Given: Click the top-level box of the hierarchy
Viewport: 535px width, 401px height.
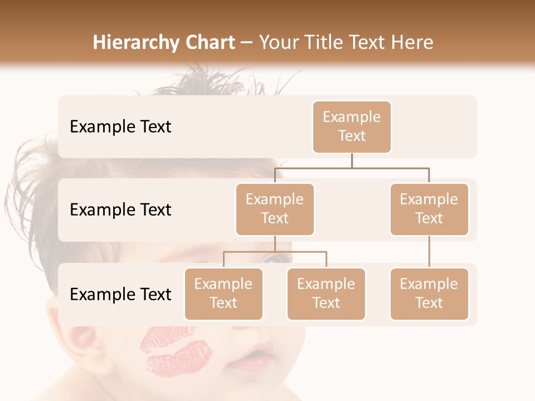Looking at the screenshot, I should pos(352,126).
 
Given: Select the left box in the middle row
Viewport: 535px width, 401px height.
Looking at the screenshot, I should pos(275,209).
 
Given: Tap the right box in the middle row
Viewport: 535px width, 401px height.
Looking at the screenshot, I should pos(429,209).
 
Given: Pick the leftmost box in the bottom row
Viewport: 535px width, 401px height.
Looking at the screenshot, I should pos(223,294).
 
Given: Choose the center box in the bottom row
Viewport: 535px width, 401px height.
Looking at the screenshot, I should pos(326,294).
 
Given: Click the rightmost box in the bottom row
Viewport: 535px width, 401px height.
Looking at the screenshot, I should pos(429,294).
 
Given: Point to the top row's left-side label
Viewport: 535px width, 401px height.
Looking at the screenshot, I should pos(120,127).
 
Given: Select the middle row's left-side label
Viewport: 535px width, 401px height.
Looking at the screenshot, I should pos(120,210).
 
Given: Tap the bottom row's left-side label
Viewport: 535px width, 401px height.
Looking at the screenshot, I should pos(120,295).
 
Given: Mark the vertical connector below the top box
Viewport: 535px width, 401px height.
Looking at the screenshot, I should pos(352,160).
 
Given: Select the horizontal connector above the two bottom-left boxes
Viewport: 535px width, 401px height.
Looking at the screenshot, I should pos(275,252).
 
